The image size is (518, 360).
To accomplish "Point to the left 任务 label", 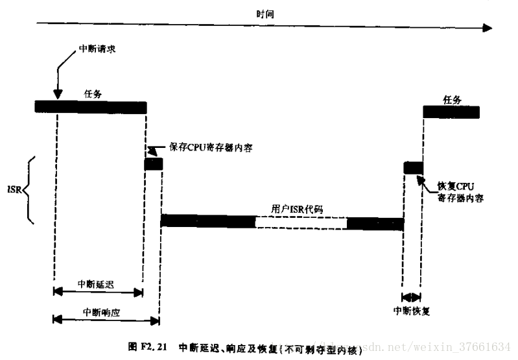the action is pos(93,93).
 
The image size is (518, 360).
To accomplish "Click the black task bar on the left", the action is pos(91,107).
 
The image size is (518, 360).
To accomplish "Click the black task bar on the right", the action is pos(451,112).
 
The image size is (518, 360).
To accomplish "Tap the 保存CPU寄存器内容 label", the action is pos(211,147).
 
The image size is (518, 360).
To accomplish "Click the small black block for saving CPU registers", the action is pos(153,164).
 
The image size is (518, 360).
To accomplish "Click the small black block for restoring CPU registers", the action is pos(413,168).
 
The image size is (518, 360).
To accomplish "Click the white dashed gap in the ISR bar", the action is pos(301,222).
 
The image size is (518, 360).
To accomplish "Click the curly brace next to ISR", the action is pos(29,190).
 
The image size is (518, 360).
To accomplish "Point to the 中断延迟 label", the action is pos(95,284).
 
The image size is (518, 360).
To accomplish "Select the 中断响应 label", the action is pos(102,311).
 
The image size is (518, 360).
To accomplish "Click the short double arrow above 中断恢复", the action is pos(411,297).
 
